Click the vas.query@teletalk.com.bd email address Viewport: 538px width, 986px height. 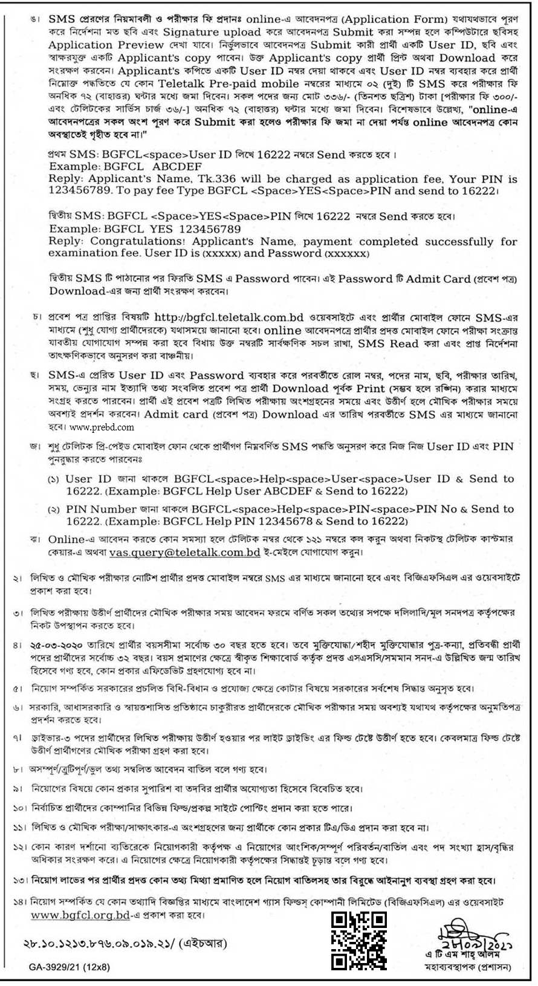tap(185, 553)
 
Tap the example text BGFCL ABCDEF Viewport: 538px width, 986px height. tap(126, 166)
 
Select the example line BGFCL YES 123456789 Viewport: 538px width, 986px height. tap(145, 229)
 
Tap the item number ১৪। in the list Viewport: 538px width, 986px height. tap(20, 903)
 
